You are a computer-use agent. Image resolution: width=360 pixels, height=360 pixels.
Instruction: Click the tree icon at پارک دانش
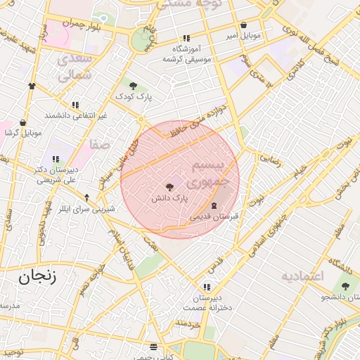[x=169, y=187]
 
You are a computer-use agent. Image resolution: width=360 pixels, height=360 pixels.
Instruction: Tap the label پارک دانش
[x=169, y=199]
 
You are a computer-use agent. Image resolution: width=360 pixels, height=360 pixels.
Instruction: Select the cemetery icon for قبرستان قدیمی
[x=214, y=204]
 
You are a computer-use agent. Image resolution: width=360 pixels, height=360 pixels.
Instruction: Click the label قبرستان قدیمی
[x=214, y=216]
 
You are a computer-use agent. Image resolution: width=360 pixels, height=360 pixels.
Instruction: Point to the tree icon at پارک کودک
[x=133, y=85]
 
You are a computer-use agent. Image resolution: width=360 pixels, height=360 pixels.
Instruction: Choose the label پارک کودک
[x=134, y=96]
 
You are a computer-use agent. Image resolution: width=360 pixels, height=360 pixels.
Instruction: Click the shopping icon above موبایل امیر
[x=243, y=25]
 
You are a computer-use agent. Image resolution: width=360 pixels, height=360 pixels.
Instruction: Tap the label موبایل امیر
[x=243, y=34]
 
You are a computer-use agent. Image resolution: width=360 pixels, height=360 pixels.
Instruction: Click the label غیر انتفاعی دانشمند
[x=75, y=115]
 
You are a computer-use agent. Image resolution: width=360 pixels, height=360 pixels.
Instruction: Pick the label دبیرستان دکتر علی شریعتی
[x=56, y=174]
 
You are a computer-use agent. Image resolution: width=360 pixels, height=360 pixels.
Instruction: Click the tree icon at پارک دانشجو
[x=345, y=285]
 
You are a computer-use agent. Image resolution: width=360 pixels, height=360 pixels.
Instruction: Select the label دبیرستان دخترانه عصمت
[x=205, y=302]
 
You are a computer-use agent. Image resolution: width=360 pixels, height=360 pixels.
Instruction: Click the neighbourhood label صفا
[x=99, y=145]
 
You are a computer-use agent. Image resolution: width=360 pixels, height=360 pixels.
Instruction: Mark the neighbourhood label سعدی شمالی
[x=72, y=67]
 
